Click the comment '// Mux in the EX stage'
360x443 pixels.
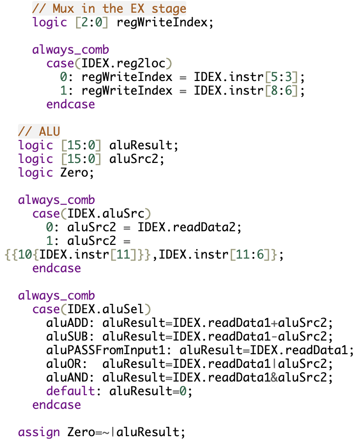click(109, 8)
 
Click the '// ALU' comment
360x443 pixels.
click(39, 131)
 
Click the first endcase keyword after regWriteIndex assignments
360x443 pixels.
click(71, 104)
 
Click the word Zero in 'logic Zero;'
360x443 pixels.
click(74, 173)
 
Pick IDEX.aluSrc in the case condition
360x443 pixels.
click(109, 214)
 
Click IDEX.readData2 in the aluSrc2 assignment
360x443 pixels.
click(189, 227)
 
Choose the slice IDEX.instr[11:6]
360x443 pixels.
click(218, 255)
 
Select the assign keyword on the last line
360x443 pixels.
click(39, 432)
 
